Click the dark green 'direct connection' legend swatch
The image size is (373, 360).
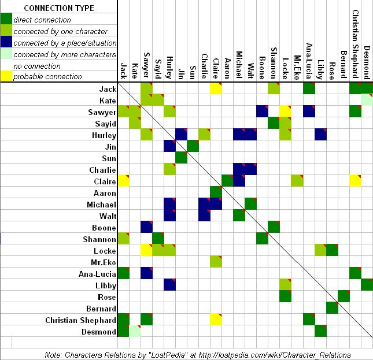6,20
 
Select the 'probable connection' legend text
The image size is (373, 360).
47,76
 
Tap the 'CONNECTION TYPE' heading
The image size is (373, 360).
58,8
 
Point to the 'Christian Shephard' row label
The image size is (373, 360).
81,320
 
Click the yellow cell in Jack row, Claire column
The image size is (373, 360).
216,88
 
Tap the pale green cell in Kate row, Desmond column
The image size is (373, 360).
367,100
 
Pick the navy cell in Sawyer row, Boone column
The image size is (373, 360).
262,112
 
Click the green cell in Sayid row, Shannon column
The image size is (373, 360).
274,123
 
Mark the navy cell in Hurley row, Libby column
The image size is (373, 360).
320,135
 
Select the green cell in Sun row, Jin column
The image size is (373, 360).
181,158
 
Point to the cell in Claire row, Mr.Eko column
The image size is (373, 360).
297,181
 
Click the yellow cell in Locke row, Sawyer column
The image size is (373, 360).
146,250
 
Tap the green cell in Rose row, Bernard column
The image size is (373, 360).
344,296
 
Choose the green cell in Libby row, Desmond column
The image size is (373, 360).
367,285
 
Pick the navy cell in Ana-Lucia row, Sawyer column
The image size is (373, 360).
146,273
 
